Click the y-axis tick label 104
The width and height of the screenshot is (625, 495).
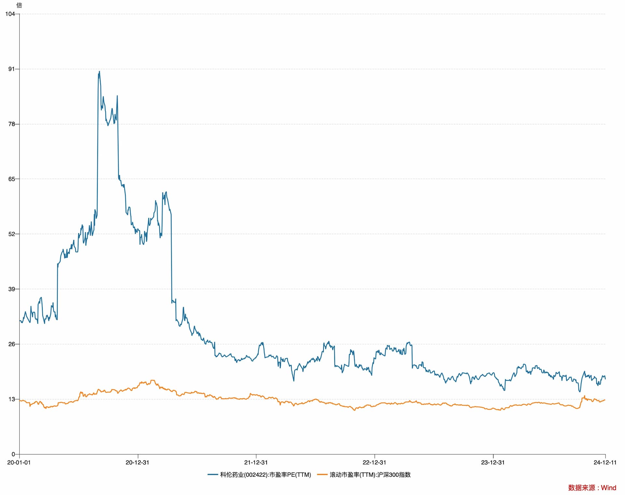[x=10, y=14]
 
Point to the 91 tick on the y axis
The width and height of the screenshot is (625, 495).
[x=11, y=69]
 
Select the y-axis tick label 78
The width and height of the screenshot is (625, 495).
[x=11, y=124]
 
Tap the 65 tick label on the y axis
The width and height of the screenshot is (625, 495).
[x=11, y=179]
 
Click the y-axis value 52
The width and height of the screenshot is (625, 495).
[x=11, y=234]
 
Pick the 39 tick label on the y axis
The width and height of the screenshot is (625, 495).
[x=11, y=289]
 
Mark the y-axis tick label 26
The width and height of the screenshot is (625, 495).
[x=11, y=344]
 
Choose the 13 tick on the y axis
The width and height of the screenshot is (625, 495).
[x=11, y=399]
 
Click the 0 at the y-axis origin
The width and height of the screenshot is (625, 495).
[x=13, y=454]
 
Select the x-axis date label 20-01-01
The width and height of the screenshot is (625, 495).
[x=19, y=462]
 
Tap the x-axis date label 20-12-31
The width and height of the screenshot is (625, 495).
[x=137, y=462]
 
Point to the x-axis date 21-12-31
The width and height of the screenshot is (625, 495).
[x=256, y=462]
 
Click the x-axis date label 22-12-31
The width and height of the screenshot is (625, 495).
[x=374, y=462]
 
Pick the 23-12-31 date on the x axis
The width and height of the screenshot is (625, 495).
[x=493, y=462]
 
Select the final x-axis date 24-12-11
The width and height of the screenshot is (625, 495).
[x=605, y=462]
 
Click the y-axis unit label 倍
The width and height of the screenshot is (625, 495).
[x=19, y=6]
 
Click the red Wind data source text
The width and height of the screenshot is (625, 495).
[x=592, y=488]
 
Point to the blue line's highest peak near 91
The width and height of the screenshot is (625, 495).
[x=99, y=72]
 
